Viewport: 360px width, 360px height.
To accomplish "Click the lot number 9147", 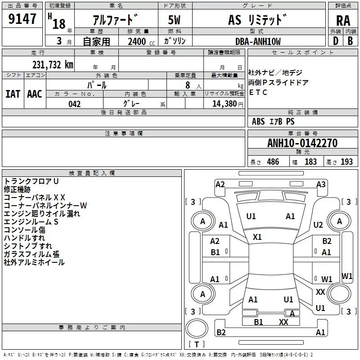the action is pyautogui.click(x=22, y=19).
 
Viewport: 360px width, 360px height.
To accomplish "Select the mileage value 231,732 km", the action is pyautogui.click(x=53, y=65).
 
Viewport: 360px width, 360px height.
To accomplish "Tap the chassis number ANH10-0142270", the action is pyautogui.click(x=302, y=143).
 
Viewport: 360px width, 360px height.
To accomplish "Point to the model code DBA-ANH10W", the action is pyautogui.click(x=258, y=41).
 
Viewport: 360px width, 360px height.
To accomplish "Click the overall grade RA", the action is pyautogui.click(x=343, y=21).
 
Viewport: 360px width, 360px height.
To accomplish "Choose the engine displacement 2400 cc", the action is pyautogui.click(x=141, y=41).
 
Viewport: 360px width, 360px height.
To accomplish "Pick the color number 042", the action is pyautogui.click(x=74, y=104).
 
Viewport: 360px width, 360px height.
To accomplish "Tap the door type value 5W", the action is pyautogui.click(x=174, y=20).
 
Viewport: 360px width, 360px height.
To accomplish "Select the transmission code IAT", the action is pyautogui.click(x=13, y=94).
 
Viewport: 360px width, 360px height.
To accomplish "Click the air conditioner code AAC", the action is pyautogui.click(x=35, y=94).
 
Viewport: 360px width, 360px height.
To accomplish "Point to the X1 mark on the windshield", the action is pyautogui.click(x=257, y=237).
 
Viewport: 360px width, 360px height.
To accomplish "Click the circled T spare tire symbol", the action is pyautogui.click(x=197, y=328).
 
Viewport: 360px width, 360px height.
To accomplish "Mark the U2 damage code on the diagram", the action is pyautogui.click(x=318, y=225).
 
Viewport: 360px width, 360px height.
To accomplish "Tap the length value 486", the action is pyautogui.click(x=273, y=162).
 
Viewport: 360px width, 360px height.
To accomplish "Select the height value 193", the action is pyautogui.click(x=346, y=162).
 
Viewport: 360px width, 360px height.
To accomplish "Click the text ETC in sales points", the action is pyautogui.click(x=258, y=92).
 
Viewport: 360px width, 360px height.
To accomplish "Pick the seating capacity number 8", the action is pyautogui.click(x=188, y=85).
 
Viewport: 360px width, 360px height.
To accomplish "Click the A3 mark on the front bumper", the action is pyautogui.click(x=321, y=184).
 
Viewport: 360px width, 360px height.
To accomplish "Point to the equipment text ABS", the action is pyautogui.click(x=258, y=121).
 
